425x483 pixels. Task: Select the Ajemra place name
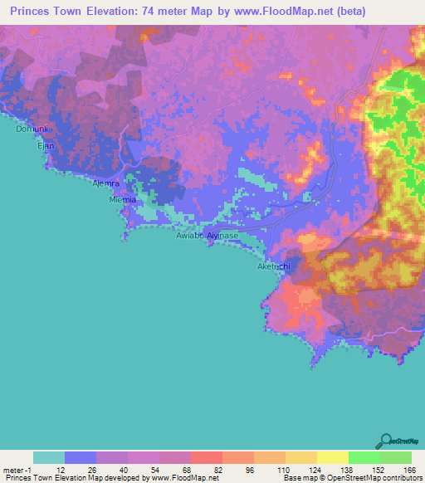pos(106,183)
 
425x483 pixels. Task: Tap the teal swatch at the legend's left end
pos(49,457)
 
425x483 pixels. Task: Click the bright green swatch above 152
pos(364,457)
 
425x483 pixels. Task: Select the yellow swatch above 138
pos(332,457)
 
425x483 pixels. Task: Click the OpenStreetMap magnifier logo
pos(386,442)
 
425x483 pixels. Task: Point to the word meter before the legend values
pos(14,469)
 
